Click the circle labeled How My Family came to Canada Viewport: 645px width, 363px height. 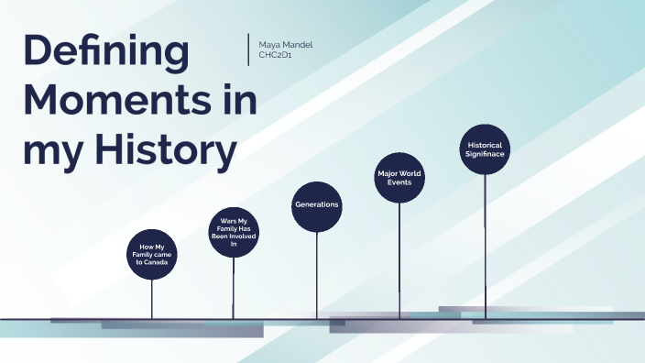tap(153, 255)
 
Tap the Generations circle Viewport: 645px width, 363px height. tap(317, 204)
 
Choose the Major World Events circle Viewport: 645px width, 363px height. tap(399, 177)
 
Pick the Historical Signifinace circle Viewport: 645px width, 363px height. tap(485, 150)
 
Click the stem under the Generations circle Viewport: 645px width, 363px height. tap(317, 275)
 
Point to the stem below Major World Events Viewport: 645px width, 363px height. tap(399, 261)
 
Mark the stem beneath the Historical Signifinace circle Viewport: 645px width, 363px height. tap(485, 247)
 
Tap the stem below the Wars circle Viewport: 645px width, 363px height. tap(234, 289)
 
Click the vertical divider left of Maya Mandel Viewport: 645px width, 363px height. tap(249, 49)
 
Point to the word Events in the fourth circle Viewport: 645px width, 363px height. tap(399, 182)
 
